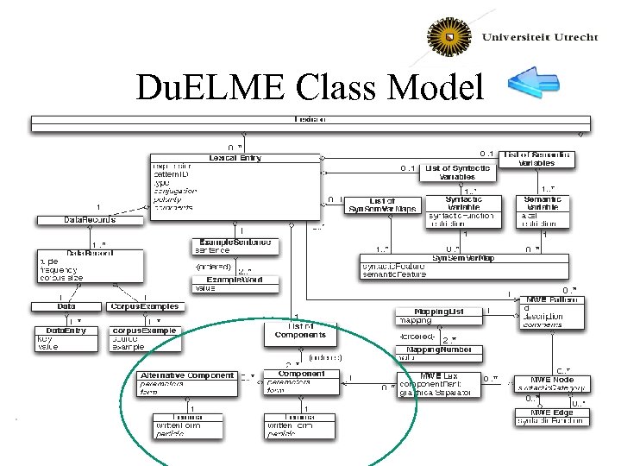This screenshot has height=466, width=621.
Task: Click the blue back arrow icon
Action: (x=535, y=82)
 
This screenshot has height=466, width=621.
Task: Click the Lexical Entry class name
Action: (x=235, y=158)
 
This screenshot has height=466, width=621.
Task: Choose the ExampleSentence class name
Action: (x=235, y=242)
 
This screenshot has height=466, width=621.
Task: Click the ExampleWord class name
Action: (x=235, y=280)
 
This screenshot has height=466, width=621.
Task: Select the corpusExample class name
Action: (x=145, y=331)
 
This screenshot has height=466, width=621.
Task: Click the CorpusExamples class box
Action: (x=145, y=306)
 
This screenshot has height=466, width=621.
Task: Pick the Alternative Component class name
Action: (x=187, y=375)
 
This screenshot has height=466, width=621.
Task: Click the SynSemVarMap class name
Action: (x=464, y=257)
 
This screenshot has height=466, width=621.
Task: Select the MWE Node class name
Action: (x=553, y=380)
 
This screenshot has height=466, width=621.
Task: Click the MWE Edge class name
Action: (x=552, y=412)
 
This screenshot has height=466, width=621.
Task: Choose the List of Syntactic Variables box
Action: (x=457, y=172)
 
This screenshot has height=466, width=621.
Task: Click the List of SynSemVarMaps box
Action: (x=381, y=205)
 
